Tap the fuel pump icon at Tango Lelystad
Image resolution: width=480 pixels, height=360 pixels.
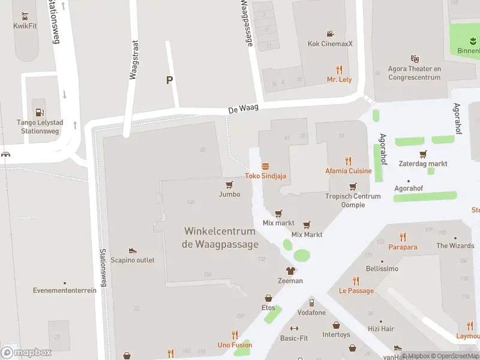[x=40, y=111]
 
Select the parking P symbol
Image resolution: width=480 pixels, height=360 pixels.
[x=170, y=80]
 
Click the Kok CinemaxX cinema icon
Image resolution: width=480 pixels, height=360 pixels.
[x=330, y=34]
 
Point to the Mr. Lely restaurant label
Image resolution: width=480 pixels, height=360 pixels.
[x=339, y=79]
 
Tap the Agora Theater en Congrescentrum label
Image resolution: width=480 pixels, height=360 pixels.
[x=415, y=73]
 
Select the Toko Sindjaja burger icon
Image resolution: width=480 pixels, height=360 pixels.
[x=265, y=166]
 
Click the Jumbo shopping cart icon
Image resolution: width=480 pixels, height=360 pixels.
[x=229, y=185]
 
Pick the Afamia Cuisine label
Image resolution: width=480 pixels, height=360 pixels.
[x=349, y=170]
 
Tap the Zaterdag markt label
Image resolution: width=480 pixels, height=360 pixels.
[x=423, y=163]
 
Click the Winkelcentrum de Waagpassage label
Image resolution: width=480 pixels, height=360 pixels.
[x=221, y=238]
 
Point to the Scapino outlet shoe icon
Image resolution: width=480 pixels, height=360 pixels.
[x=132, y=250]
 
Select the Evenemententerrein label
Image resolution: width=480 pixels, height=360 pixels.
[x=65, y=290]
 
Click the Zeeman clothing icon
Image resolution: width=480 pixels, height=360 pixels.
[x=290, y=271]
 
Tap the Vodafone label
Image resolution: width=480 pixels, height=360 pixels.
[x=311, y=313]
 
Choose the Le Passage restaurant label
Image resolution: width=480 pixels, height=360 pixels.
[x=356, y=290]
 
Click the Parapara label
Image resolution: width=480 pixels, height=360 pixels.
[x=403, y=247]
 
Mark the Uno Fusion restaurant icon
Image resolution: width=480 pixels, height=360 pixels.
[x=235, y=335]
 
